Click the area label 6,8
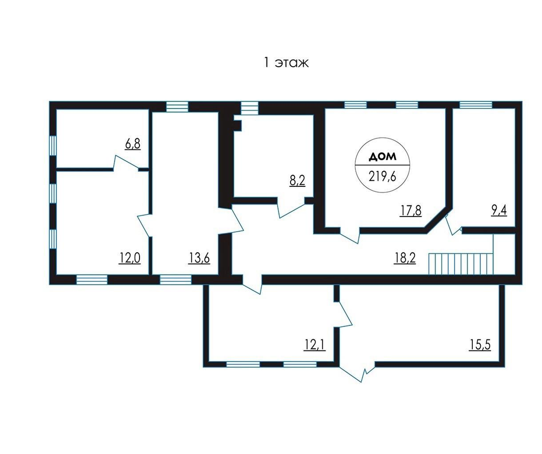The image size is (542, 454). tap(132, 144)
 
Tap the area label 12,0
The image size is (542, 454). tap(130, 258)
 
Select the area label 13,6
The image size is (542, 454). tap(199, 258)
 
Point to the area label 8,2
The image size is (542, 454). tap(297, 181)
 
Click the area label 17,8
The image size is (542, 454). tap(411, 210)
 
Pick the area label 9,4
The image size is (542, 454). tap(499, 210)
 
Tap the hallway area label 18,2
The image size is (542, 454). tap(405, 258)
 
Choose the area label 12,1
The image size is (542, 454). tap(315, 345)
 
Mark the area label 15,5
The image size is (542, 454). tap(480, 345)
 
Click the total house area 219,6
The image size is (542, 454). tap(382, 176)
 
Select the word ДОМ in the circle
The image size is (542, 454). tap(382, 157)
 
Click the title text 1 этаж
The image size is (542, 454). tap(286, 63)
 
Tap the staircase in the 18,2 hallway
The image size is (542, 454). tap(461, 264)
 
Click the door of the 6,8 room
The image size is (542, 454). tap(126, 163)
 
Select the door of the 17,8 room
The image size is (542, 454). tap(350, 236)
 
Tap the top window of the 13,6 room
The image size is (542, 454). tap(177, 106)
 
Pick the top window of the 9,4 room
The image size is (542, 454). tap(476, 104)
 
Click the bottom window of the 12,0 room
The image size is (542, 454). tap(92, 280)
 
